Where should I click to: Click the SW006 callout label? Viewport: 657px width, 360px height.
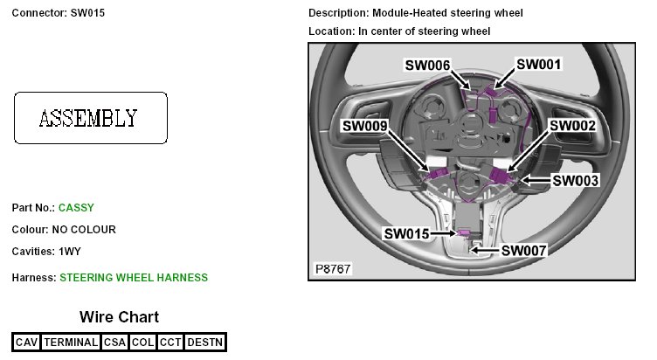[x=426, y=66]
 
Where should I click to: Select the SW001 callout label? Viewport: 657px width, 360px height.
[x=538, y=64]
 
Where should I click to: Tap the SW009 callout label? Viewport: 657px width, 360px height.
[x=364, y=126]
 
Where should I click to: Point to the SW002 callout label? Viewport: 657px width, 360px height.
[x=572, y=126]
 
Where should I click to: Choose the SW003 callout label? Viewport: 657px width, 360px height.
[x=577, y=180]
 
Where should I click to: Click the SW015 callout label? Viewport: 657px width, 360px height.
[x=406, y=234]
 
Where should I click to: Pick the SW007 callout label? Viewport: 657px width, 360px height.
[x=523, y=251]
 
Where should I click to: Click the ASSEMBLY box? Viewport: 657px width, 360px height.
[x=90, y=118]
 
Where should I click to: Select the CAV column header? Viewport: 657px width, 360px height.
[x=26, y=343]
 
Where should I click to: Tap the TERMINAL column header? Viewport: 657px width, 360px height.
[x=71, y=343]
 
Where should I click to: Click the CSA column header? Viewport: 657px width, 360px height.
[x=114, y=343]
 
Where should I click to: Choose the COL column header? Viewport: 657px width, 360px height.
[x=142, y=343]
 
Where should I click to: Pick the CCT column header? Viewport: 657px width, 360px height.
[x=170, y=343]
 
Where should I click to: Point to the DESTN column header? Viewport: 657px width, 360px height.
[x=205, y=343]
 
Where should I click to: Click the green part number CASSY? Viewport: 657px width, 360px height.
[x=76, y=208]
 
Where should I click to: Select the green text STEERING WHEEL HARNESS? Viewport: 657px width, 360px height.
[x=134, y=278]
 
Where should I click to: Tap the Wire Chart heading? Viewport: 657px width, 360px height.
[x=119, y=317]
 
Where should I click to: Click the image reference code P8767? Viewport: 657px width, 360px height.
[x=333, y=269]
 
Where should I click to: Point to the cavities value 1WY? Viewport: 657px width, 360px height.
[x=70, y=252]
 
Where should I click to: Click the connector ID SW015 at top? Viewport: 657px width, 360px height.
[x=87, y=14]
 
